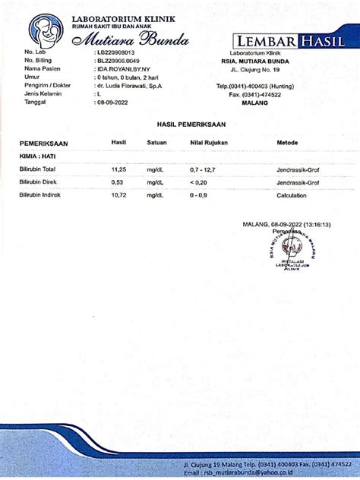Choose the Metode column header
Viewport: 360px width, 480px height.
coord(288,142)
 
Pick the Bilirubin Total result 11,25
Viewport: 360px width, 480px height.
coord(118,169)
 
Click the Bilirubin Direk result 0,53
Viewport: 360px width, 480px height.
coord(117,182)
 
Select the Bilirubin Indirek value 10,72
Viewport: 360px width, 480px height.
coord(118,196)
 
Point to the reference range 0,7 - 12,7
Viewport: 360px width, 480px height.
coord(203,169)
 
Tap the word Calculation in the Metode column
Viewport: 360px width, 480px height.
coord(292,196)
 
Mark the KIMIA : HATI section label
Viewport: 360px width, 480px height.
coord(33,155)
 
